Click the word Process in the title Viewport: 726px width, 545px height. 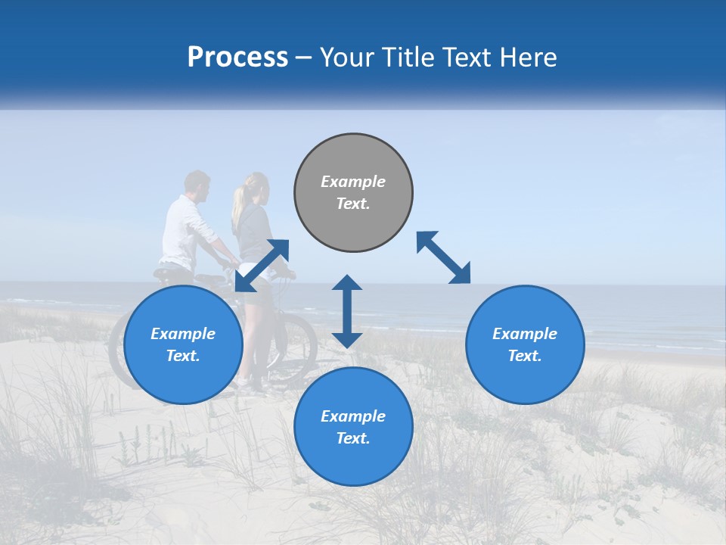pos(237,58)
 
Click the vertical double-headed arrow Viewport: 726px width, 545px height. pos(347,311)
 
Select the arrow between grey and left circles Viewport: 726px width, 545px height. pos(262,265)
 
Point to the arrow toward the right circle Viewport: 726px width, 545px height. pos(443,257)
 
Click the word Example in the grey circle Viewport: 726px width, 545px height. pos(353,182)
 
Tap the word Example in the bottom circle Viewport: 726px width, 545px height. pos(353,416)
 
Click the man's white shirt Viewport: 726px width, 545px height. pos(181,231)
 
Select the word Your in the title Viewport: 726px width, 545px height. pos(346,58)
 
